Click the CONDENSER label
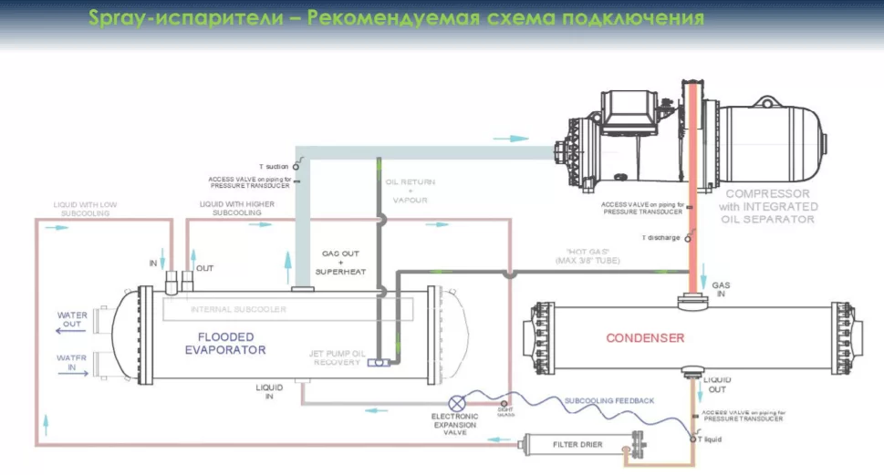[x=645, y=338]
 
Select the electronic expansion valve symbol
[x=458, y=402]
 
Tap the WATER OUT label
[x=72, y=320]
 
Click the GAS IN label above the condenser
[x=721, y=290]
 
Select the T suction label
[x=273, y=167]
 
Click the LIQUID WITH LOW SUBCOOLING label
[x=81, y=208]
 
